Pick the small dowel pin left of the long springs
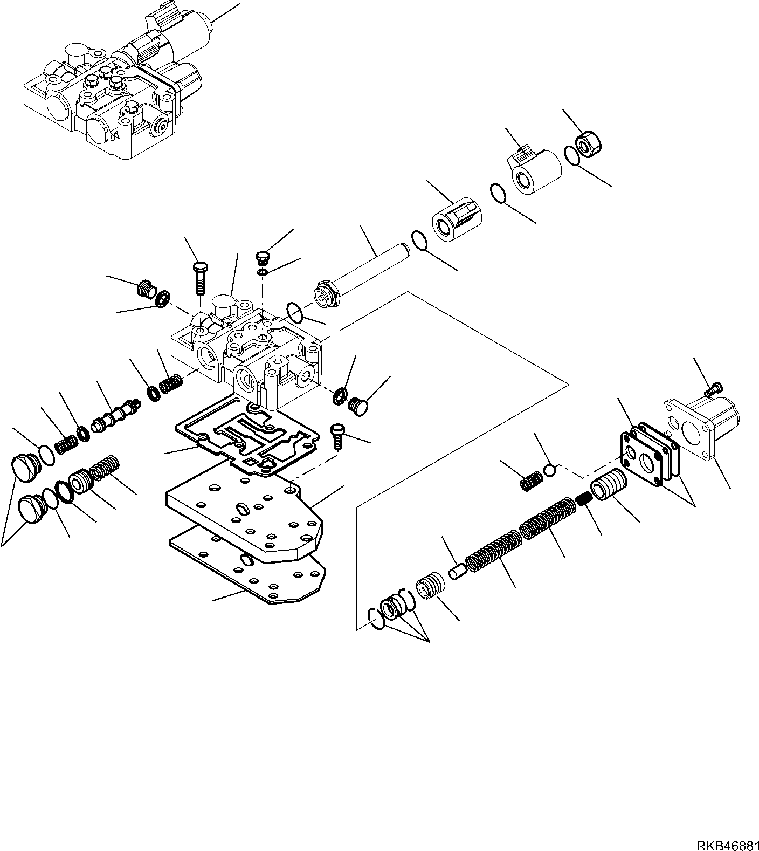[457, 571]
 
